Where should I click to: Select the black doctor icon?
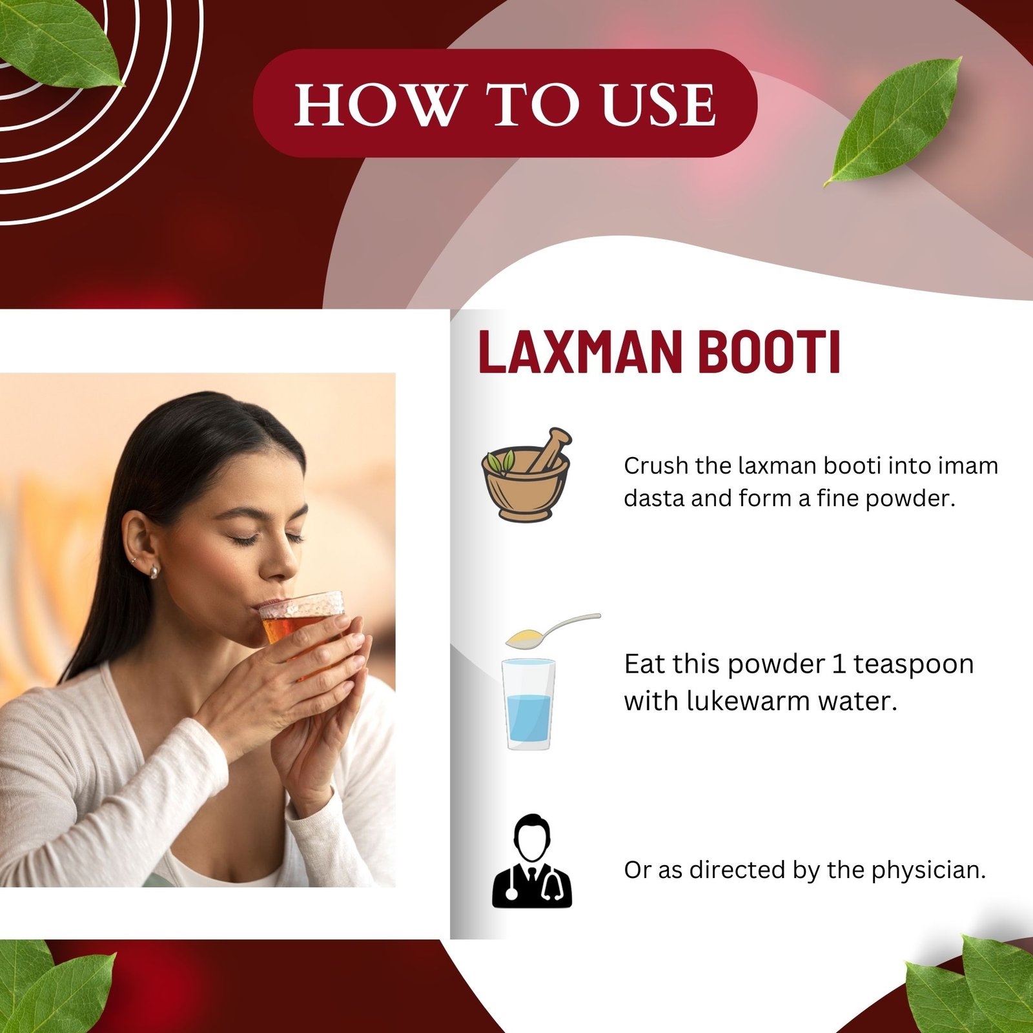531,862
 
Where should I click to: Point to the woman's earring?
154,571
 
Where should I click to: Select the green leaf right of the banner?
894,121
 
